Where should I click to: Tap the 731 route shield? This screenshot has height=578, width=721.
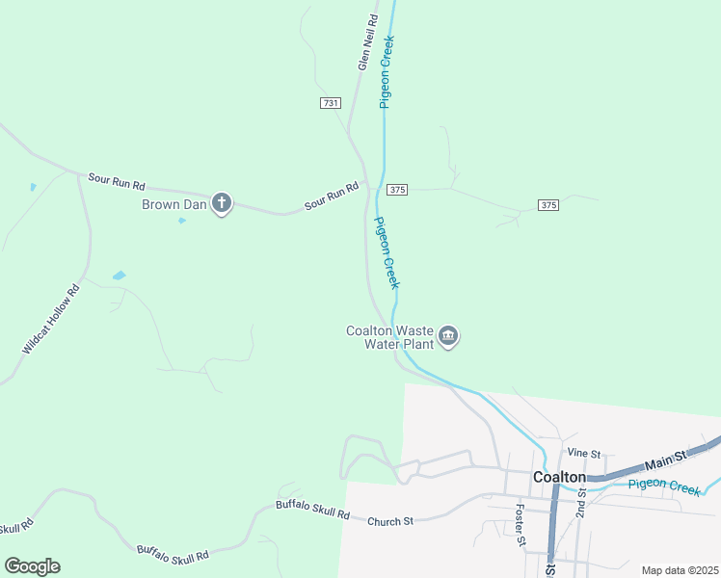pyautogui.click(x=331, y=102)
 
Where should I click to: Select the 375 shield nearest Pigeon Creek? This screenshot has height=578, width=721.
pyautogui.click(x=399, y=190)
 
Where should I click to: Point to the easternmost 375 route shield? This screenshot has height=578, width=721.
pyautogui.click(x=548, y=205)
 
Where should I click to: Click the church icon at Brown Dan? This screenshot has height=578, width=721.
pyautogui.click(x=223, y=203)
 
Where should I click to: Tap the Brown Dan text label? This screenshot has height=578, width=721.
pyautogui.click(x=174, y=204)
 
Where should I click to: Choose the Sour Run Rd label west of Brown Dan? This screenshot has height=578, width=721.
pyautogui.click(x=116, y=180)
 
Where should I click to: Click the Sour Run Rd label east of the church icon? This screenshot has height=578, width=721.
pyautogui.click(x=332, y=197)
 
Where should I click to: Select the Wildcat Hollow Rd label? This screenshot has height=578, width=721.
pyautogui.click(x=50, y=319)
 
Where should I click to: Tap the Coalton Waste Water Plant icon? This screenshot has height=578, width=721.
pyautogui.click(x=448, y=336)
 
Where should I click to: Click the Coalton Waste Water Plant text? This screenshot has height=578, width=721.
pyautogui.click(x=389, y=337)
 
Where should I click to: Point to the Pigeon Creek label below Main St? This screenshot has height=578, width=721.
pyautogui.click(x=663, y=486)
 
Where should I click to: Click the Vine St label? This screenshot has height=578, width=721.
pyautogui.click(x=584, y=453)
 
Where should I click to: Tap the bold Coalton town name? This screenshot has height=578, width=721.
pyautogui.click(x=559, y=478)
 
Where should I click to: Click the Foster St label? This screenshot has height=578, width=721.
pyautogui.click(x=520, y=525)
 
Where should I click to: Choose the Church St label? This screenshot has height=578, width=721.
pyautogui.click(x=389, y=521)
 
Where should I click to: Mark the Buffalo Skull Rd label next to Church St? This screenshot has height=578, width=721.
pyautogui.click(x=312, y=510)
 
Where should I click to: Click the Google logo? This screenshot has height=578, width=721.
pyautogui.click(x=32, y=566)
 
